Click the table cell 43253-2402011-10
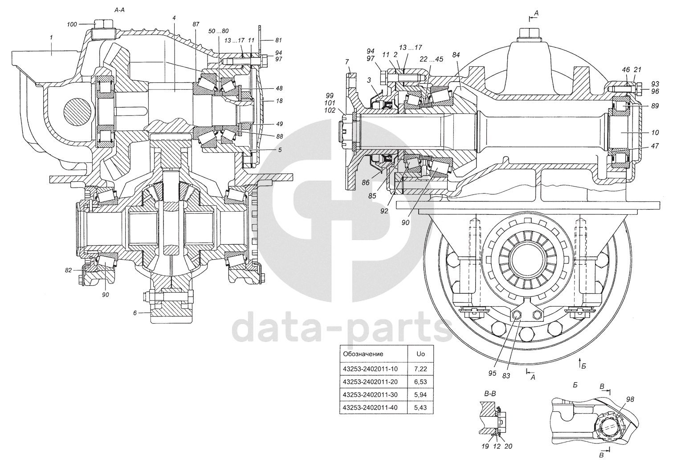pyautogui.click(x=370, y=369)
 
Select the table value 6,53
pyautogui.click(x=420, y=382)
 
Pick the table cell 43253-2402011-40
pyautogui.click(x=370, y=407)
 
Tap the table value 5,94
pyautogui.click(x=420, y=394)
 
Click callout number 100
pyautogui.click(x=72, y=24)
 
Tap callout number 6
pyautogui.click(x=135, y=313)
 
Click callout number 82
pyautogui.click(x=68, y=270)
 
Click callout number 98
pyautogui.click(x=630, y=399)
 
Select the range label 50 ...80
pyautogui.click(x=218, y=31)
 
